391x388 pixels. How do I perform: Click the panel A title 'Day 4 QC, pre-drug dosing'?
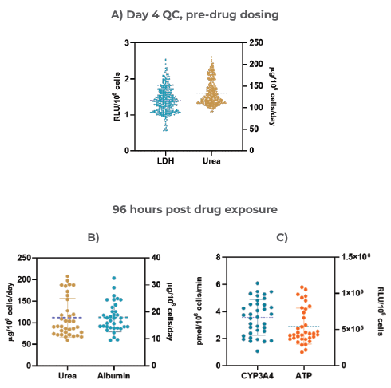tap(195, 14)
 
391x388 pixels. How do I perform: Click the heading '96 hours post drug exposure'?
tap(195, 209)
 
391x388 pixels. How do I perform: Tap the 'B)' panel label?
tap(93, 237)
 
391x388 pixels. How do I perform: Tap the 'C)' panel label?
tap(281, 237)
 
